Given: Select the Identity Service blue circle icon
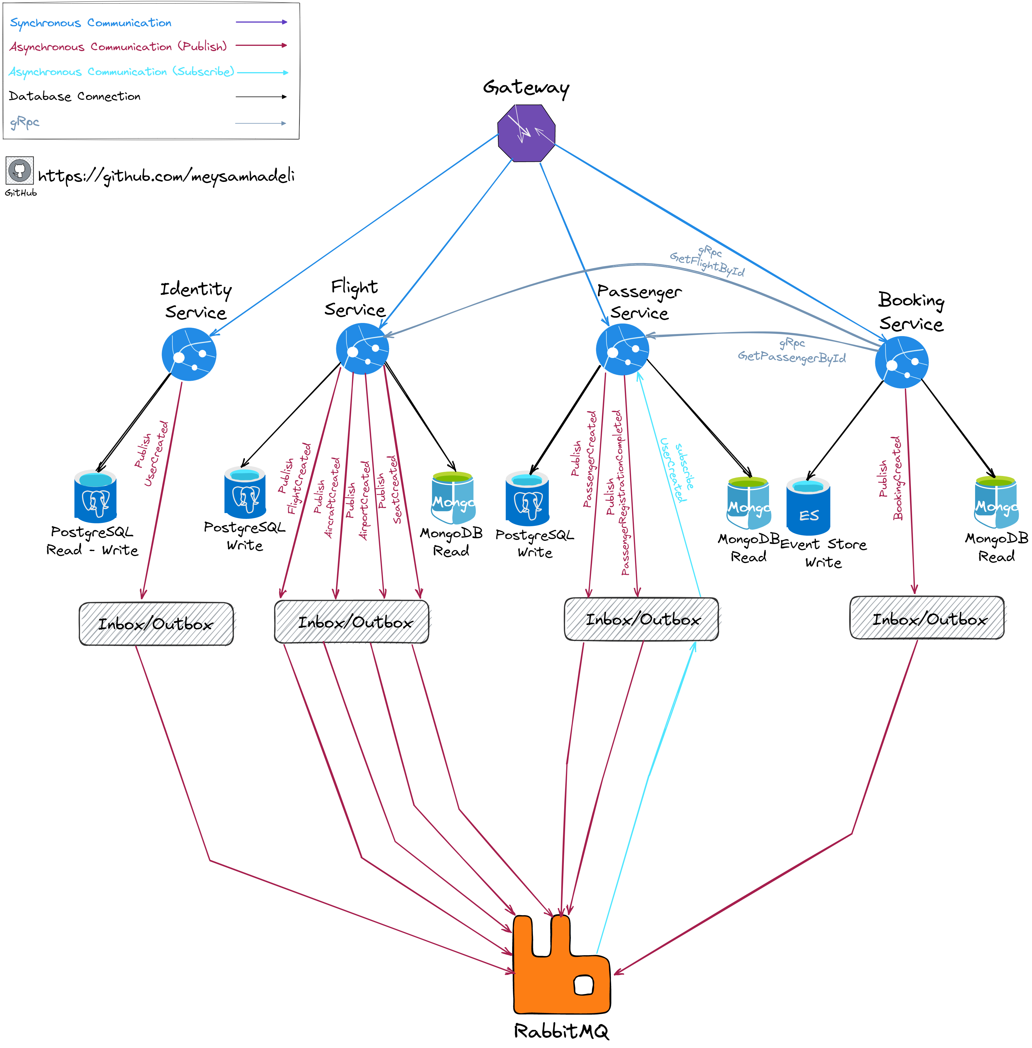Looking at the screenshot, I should pos(189,354).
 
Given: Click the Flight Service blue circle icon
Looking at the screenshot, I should pos(362,349).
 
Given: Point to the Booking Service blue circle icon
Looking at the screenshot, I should pos(901,362).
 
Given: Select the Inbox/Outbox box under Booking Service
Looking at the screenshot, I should pos(927,618).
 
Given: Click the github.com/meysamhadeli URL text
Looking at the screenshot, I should pos(166,176).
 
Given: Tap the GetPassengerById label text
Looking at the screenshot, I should pos(791,357).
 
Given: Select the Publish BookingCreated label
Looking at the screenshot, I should pos(890,478).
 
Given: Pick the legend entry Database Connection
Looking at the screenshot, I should pos(75,96).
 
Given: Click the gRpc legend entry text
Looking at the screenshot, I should pos(25,123).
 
